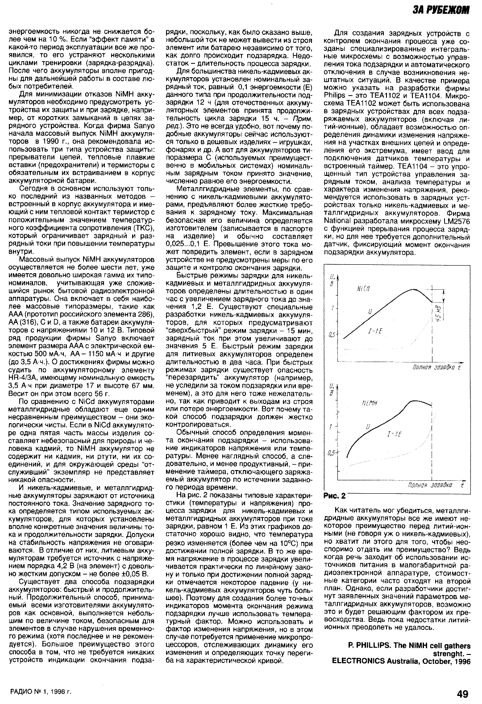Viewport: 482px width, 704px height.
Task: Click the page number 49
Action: point(462,693)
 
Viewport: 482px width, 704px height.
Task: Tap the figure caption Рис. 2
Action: point(334,496)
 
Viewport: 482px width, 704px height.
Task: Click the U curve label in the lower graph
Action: point(368,427)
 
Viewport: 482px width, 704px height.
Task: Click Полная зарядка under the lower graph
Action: point(428,485)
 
